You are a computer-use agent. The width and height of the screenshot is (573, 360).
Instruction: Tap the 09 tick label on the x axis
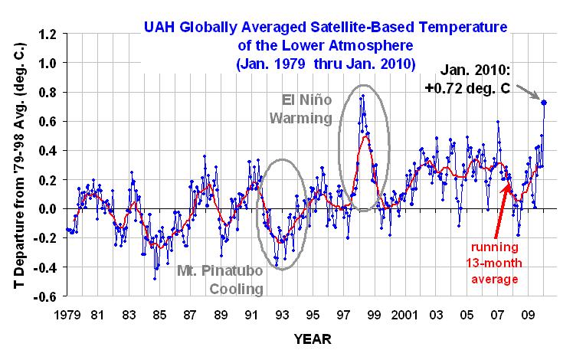529,314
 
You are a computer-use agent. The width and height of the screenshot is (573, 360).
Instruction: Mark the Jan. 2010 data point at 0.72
543,102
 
